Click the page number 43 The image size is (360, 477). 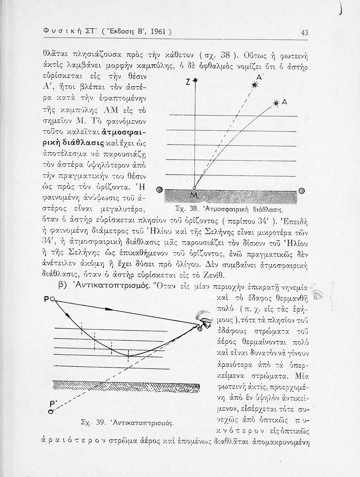click(x=304, y=32)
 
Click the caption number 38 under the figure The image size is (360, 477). click(x=192, y=210)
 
